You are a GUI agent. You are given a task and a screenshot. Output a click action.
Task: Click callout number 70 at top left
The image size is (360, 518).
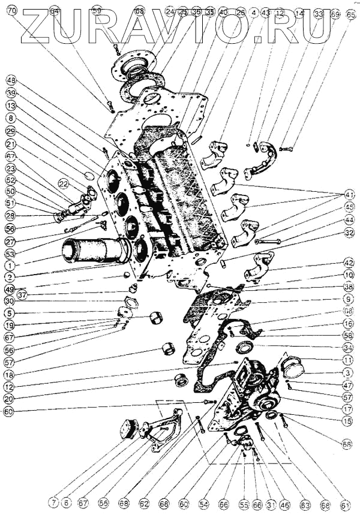(11, 10)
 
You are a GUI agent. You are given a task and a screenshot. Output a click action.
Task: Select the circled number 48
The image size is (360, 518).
(11, 80)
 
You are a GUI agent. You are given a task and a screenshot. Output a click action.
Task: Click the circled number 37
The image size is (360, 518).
(23, 294)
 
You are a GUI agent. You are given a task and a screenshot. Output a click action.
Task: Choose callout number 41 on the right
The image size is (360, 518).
(349, 195)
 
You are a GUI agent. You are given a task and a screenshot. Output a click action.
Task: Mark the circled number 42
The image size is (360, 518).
(349, 263)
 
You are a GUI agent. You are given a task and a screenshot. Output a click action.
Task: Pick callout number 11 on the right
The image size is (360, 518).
(349, 361)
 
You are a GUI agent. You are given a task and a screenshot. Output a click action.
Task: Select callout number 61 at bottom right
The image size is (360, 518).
(345, 506)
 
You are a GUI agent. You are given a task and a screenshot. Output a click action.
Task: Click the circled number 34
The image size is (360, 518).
(349, 348)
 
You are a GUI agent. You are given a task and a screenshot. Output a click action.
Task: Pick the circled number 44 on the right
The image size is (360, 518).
(349, 220)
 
